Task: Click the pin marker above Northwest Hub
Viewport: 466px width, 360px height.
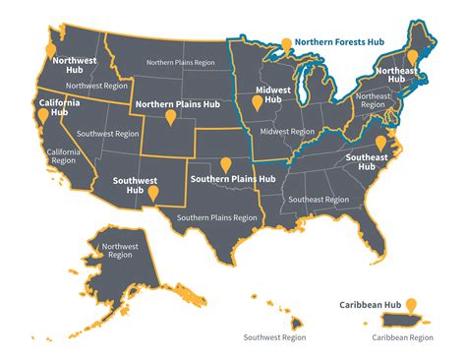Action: [51, 49]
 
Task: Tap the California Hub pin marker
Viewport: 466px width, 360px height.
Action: [41, 115]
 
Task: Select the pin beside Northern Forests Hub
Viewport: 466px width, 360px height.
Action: [287, 44]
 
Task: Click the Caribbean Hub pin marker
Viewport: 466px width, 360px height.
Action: [411, 305]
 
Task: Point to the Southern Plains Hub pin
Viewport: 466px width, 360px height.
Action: [226, 164]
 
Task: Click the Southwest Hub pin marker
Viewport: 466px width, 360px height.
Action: [152, 193]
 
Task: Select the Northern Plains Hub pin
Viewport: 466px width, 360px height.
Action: [171, 117]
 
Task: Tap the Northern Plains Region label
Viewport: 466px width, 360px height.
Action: [181, 62]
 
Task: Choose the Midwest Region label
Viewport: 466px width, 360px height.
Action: [288, 131]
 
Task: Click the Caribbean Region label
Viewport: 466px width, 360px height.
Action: [401, 337]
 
